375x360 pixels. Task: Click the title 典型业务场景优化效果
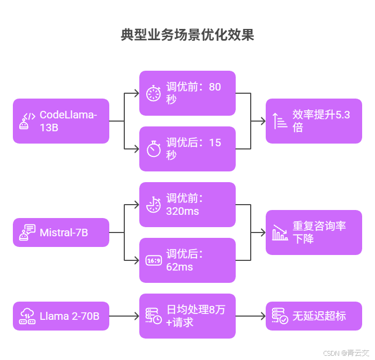[187, 35]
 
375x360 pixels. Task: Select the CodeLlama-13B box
[61, 121]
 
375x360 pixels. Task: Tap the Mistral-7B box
[61, 232]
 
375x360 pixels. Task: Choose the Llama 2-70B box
[61, 316]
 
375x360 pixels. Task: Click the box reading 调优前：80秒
[187, 93]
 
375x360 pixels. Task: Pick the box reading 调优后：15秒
[187, 149]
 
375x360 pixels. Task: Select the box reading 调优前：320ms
[187, 205]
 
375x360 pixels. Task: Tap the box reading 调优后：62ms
[187, 260]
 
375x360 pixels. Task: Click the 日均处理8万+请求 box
[187, 316]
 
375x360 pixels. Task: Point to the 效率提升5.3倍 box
[314, 121]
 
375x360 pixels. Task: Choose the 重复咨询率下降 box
[314, 232]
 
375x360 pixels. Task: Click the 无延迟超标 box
[314, 316]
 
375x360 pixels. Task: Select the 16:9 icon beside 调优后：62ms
[154, 261]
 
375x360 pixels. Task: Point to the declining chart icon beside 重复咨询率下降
[280, 232]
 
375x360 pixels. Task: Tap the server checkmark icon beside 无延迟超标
[280, 316]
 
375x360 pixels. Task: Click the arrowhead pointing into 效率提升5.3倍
[263, 121]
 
